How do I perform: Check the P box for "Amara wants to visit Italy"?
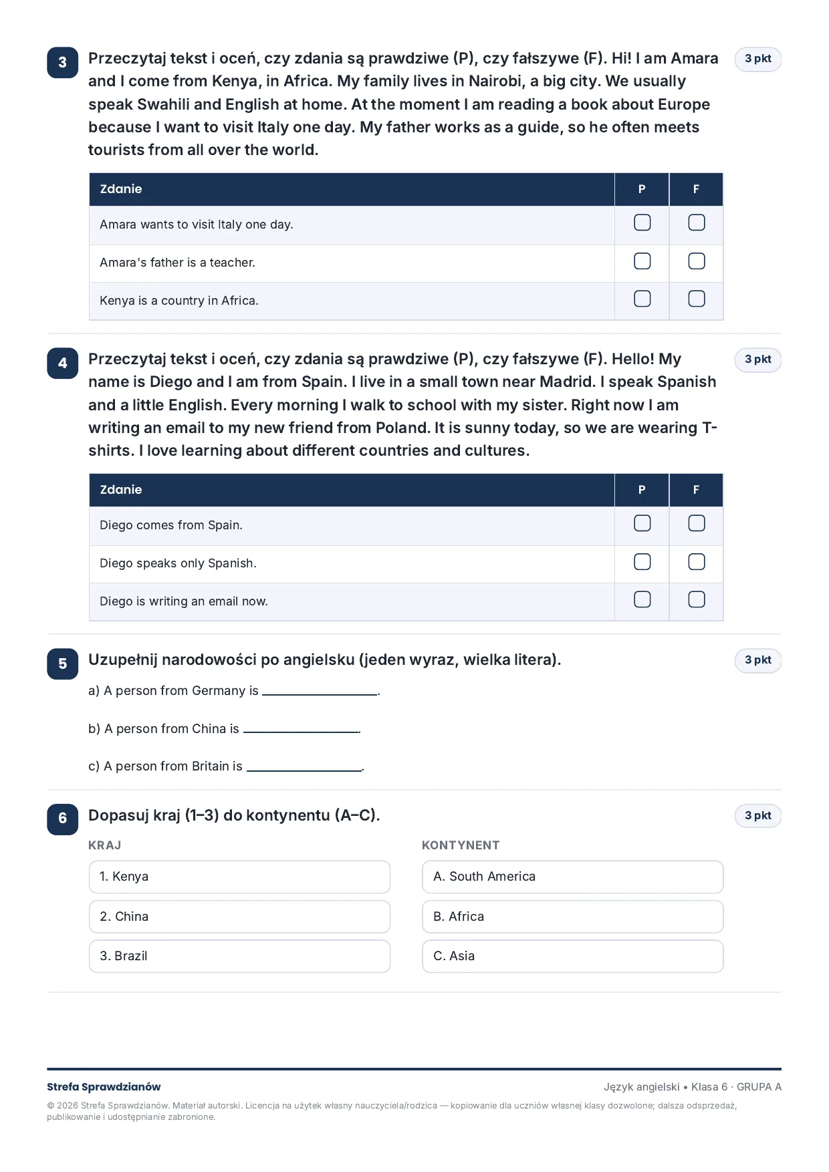coord(642,223)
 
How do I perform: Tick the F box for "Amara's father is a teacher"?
coord(696,261)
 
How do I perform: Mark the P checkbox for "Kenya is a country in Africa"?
coord(642,299)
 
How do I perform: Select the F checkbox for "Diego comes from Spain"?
coord(696,523)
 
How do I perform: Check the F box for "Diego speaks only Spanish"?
coord(696,562)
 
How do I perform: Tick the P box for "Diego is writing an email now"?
coord(642,599)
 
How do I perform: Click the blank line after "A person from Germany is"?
coord(320,695)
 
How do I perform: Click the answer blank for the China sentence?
coord(301,732)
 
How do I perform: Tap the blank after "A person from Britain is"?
coord(304,770)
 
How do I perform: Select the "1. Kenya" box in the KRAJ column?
coord(239,877)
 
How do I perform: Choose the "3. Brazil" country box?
coord(239,956)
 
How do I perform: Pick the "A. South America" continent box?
coord(572,877)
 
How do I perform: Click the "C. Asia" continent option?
coord(572,956)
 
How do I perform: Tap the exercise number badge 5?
coord(63,664)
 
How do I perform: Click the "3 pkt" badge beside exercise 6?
coord(758,816)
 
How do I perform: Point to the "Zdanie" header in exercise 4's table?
coord(121,490)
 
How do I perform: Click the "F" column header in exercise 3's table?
coord(696,189)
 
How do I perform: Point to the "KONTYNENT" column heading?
coord(461,845)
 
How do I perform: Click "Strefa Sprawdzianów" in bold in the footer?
coord(104,1087)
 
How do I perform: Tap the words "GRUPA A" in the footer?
coord(759,1087)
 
